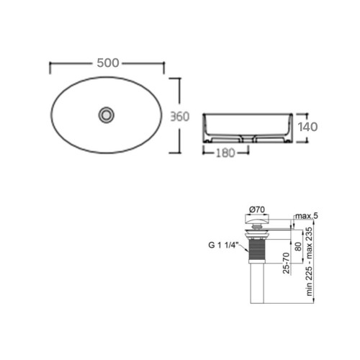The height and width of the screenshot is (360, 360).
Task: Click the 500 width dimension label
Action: pyautogui.click(x=108, y=63)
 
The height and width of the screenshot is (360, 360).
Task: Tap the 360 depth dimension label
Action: pyautogui.click(x=180, y=117)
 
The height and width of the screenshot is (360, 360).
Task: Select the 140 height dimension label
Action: pyautogui.click(x=307, y=127)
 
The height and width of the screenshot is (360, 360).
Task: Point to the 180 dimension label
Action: pyautogui.click(x=225, y=153)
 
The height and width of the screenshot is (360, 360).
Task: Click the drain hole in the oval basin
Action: pyautogui.click(x=106, y=115)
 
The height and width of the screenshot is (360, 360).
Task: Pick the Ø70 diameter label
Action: pyautogui.click(x=257, y=210)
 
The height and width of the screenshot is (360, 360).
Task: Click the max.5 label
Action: pyautogui.click(x=307, y=216)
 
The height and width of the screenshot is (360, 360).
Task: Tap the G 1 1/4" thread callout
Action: pyautogui.click(x=223, y=245)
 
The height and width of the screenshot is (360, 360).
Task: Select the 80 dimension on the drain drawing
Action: pyautogui.click(x=298, y=246)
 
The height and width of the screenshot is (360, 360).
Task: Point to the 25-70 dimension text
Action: pyautogui.click(x=286, y=263)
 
